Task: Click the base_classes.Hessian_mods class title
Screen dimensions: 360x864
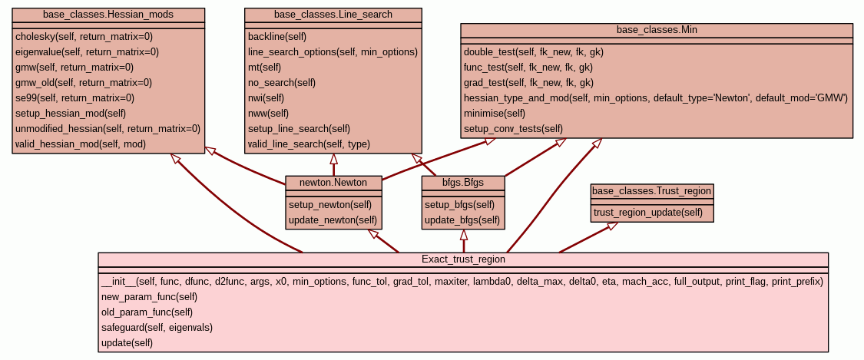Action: point(108,15)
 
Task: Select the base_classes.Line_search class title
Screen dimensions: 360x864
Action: point(333,15)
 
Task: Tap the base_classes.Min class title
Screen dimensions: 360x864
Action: point(657,30)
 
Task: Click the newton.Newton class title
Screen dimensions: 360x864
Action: point(333,183)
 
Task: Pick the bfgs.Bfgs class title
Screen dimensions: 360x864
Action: point(463,183)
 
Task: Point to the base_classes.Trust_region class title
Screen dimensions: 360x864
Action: point(652,190)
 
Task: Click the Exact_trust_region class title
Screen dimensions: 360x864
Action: point(463,259)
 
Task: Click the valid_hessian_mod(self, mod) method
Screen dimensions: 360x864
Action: point(80,144)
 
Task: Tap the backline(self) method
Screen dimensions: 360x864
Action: point(277,36)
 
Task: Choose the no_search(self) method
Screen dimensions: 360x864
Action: point(282,82)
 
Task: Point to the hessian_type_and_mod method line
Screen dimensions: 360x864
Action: point(655,97)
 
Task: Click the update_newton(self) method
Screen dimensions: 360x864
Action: point(333,220)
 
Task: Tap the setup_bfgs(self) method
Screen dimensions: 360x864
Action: point(460,205)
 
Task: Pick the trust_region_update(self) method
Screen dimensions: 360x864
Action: point(648,213)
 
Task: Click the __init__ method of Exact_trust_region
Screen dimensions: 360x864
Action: point(462,282)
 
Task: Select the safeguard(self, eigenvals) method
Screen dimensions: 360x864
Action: point(157,327)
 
